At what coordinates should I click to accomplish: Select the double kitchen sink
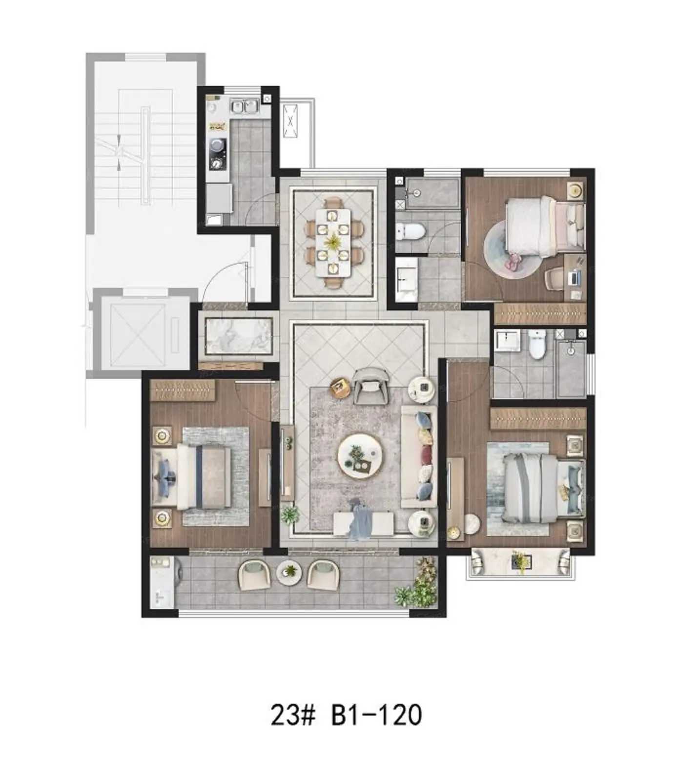point(244,105)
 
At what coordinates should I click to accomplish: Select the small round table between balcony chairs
point(289,573)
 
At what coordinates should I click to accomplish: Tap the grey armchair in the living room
point(371,385)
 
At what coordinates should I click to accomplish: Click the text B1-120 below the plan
point(376,715)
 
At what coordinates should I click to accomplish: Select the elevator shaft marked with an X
point(138,334)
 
